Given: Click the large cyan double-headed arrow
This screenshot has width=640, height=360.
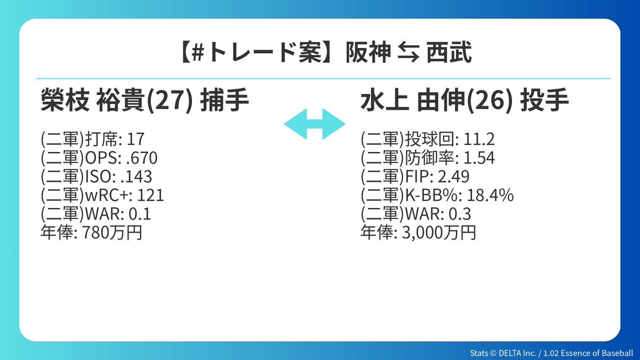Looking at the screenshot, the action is (x=315, y=124).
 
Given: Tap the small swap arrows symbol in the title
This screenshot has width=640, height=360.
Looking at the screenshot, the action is (x=409, y=52).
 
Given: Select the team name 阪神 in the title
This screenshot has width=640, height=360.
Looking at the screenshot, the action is (x=369, y=52).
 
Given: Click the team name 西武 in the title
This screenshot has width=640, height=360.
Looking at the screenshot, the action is (x=449, y=52).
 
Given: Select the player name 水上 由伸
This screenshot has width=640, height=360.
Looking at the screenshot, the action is (x=413, y=100).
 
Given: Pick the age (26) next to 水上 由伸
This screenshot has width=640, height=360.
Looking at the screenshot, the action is (x=489, y=101).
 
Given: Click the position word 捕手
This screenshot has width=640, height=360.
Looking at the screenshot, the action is (x=225, y=100).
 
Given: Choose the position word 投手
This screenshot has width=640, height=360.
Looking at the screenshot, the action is (x=545, y=100).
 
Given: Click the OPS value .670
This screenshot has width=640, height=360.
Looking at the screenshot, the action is (x=142, y=158).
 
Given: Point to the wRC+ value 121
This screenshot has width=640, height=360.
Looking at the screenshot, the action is (x=150, y=195).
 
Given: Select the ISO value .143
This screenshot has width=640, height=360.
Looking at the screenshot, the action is (x=137, y=177).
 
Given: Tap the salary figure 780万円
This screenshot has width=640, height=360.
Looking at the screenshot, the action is (x=113, y=233).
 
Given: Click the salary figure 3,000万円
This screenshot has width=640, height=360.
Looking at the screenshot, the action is (x=439, y=233).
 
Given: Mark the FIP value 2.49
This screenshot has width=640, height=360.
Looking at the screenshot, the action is (x=453, y=177).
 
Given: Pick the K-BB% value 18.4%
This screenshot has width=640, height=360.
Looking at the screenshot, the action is (x=490, y=195).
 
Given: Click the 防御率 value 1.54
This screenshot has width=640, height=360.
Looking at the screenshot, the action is (x=479, y=158).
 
